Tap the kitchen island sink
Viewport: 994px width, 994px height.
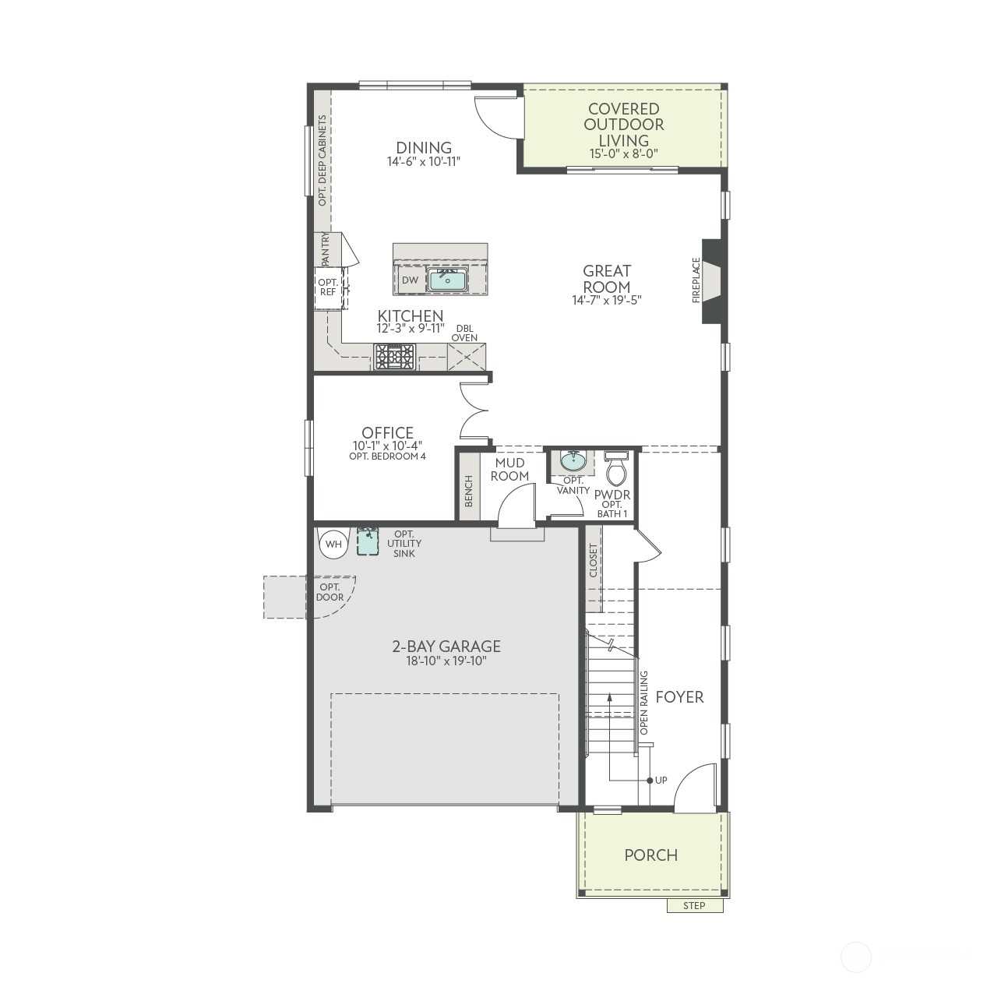tap(447, 280)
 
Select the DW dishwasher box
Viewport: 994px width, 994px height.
tap(410, 280)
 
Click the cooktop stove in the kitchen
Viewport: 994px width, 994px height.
tap(395, 357)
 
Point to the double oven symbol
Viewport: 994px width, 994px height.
tap(467, 357)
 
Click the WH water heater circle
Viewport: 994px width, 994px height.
tap(333, 545)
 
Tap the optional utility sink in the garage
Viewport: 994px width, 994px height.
tap(367, 541)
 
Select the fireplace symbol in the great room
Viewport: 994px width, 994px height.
tap(712, 281)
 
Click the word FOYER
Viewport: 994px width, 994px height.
tap(679, 697)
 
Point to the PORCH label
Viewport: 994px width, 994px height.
tap(651, 855)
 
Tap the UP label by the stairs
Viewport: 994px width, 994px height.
tap(661, 780)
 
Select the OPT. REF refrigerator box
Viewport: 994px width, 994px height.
tap(328, 287)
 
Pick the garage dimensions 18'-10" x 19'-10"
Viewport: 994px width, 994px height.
tap(446, 661)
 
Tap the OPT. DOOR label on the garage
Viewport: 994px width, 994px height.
tap(330, 592)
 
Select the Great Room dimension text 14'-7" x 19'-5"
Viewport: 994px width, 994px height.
tap(607, 300)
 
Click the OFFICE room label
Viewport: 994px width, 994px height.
tap(387, 432)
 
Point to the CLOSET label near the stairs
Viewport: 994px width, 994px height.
tap(593, 560)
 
